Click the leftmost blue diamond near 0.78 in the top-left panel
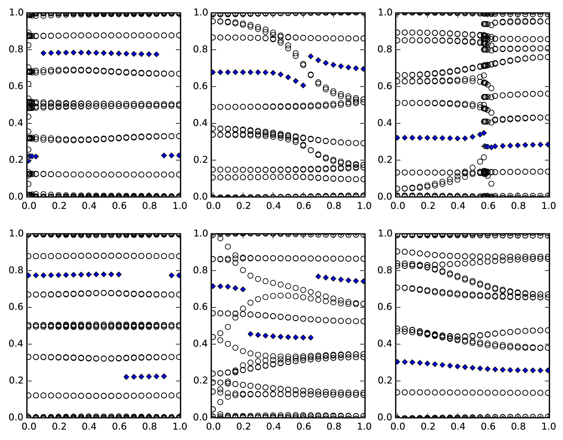click(x=43, y=53)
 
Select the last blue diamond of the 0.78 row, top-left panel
click(x=156, y=54)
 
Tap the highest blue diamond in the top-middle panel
click(x=311, y=56)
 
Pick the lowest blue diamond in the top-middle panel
click(x=303, y=85)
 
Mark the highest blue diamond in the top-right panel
click(x=484, y=133)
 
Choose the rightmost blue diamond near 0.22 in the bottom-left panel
click(x=164, y=376)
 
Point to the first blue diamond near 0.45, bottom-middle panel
click(x=250, y=334)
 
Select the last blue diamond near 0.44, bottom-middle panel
click(x=311, y=338)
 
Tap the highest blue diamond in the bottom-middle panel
click(x=318, y=276)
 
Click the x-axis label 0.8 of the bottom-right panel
click(x=519, y=427)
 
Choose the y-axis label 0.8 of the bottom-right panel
click(x=385, y=270)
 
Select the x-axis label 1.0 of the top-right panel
click(x=548, y=206)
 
